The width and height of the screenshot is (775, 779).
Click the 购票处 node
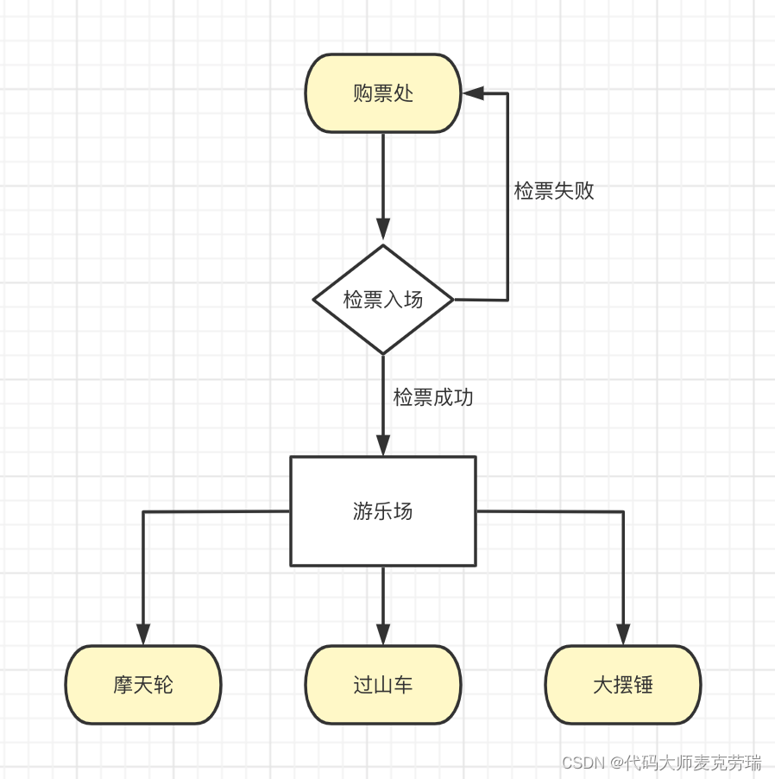tap(383, 93)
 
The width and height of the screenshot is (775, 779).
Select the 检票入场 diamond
tap(383, 300)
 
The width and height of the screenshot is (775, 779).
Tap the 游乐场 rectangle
tap(383, 511)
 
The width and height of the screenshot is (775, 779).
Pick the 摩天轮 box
tap(143, 685)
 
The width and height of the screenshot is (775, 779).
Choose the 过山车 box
tap(383, 685)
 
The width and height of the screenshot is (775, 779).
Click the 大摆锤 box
tap(623, 685)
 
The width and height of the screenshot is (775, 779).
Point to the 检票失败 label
tap(554, 191)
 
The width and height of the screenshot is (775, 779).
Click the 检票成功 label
tap(433, 397)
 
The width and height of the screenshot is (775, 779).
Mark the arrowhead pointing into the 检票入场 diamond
tap(383, 229)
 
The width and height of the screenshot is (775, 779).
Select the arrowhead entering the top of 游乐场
tap(383, 445)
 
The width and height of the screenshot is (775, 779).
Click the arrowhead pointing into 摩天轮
tap(143, 634)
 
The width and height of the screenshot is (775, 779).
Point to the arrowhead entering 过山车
tap(383, 634)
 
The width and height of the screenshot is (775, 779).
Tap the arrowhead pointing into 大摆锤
tap(623, 634)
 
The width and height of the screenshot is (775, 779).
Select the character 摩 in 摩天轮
tap(123, 685)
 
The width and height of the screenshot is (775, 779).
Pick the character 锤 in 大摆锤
tap(643, 685)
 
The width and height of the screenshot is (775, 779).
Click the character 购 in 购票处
tap(363, 93)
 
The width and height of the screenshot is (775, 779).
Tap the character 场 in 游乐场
tap(403, 511)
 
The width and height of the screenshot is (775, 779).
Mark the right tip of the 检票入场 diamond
tap(452, 300)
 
